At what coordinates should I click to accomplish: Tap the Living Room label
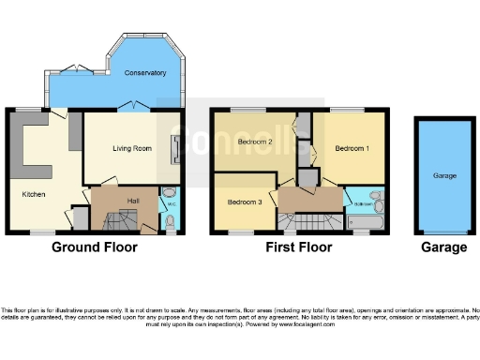(x=133, y=148)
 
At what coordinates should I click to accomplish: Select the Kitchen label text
(x=34, y=194)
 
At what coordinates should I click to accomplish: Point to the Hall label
(x=133, y=202)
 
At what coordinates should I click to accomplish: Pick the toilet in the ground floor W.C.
(x=170, y=221)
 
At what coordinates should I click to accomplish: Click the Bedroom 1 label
(x=352, y=149)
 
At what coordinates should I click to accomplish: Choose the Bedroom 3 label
(x=243, y=203)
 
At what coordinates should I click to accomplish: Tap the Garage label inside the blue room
(x=443, y=175)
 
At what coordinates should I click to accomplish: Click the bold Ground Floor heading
(x=94, y=247)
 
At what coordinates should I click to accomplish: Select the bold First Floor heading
(x=298, y=247)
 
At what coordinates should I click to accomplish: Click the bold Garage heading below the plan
(x=443, y=247)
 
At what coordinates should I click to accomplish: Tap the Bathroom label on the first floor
(x=364, y=202)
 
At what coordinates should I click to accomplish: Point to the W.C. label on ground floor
(x=171, y=202)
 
